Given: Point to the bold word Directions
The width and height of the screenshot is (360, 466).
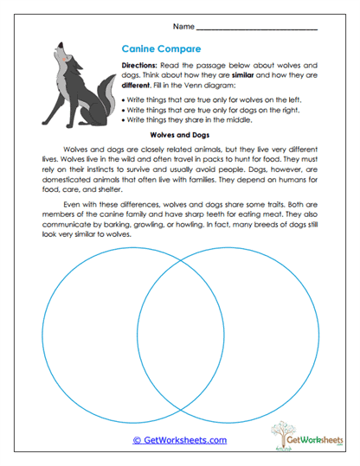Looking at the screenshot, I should (138, 66).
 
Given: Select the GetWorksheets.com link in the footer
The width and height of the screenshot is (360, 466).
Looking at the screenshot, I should (179, 439).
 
